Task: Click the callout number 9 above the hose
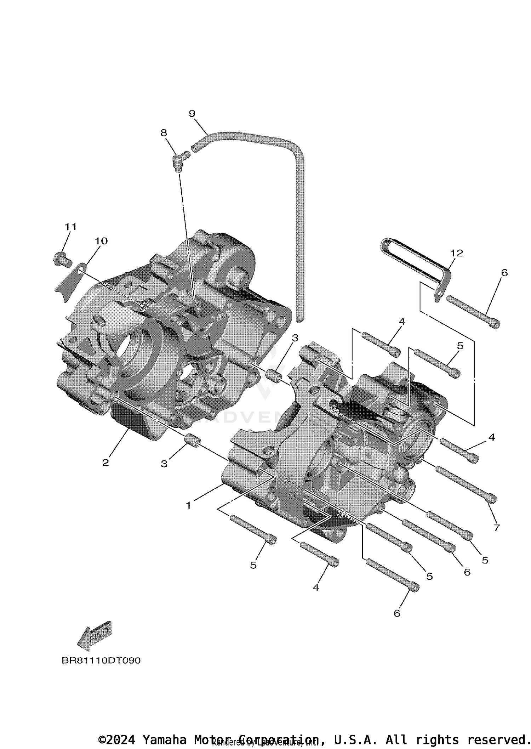point(192,114)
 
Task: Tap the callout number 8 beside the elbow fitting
point(164,133)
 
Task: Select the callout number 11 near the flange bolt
point(70,227)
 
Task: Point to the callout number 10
point(101,241)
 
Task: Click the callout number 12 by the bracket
point(457,253)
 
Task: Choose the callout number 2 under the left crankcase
point(105,463)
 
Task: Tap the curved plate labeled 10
point(69,283)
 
